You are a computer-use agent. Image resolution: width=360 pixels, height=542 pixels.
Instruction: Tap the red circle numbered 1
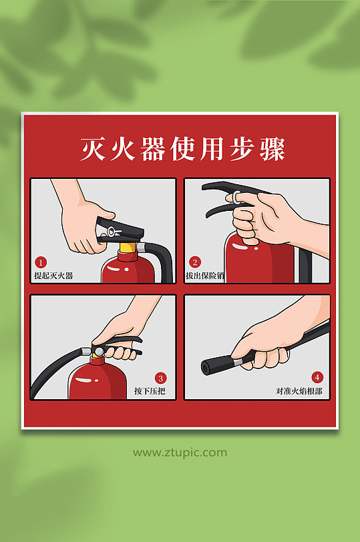click(x=41, y=262)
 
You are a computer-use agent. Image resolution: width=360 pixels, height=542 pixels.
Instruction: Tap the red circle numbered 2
click(x=195, y=262)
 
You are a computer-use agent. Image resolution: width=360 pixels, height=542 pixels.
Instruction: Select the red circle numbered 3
click(x=160, y=377)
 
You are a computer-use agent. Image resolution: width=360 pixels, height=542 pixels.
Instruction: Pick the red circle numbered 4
click(x=317, y=377)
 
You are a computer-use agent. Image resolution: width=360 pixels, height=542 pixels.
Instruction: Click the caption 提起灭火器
click(x=53, y=275)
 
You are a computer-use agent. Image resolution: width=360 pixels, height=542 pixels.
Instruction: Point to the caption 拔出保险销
click(x=208, y=275)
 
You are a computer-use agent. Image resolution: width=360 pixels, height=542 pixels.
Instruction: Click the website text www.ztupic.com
click(x=180, y=453)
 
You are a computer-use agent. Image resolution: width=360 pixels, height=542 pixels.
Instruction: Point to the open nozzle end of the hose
click(x=206, y=366)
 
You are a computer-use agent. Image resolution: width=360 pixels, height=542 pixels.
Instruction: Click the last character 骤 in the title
click(x=273, y=149)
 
